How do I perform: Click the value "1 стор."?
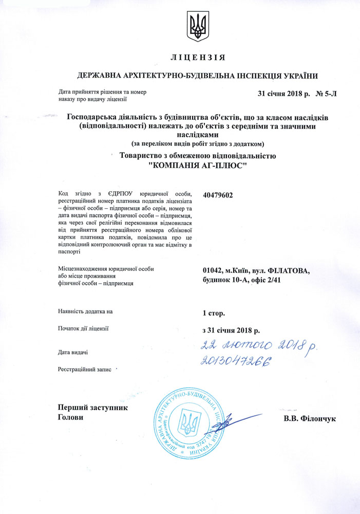point(214,313)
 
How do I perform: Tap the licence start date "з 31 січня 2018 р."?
point(232,329)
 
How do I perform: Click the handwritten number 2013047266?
point(236,362)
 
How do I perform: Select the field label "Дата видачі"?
point(72,352)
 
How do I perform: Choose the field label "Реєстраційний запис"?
point(85,370)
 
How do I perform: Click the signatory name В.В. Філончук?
point(309,419)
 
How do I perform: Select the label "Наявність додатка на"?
point(85,312)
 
